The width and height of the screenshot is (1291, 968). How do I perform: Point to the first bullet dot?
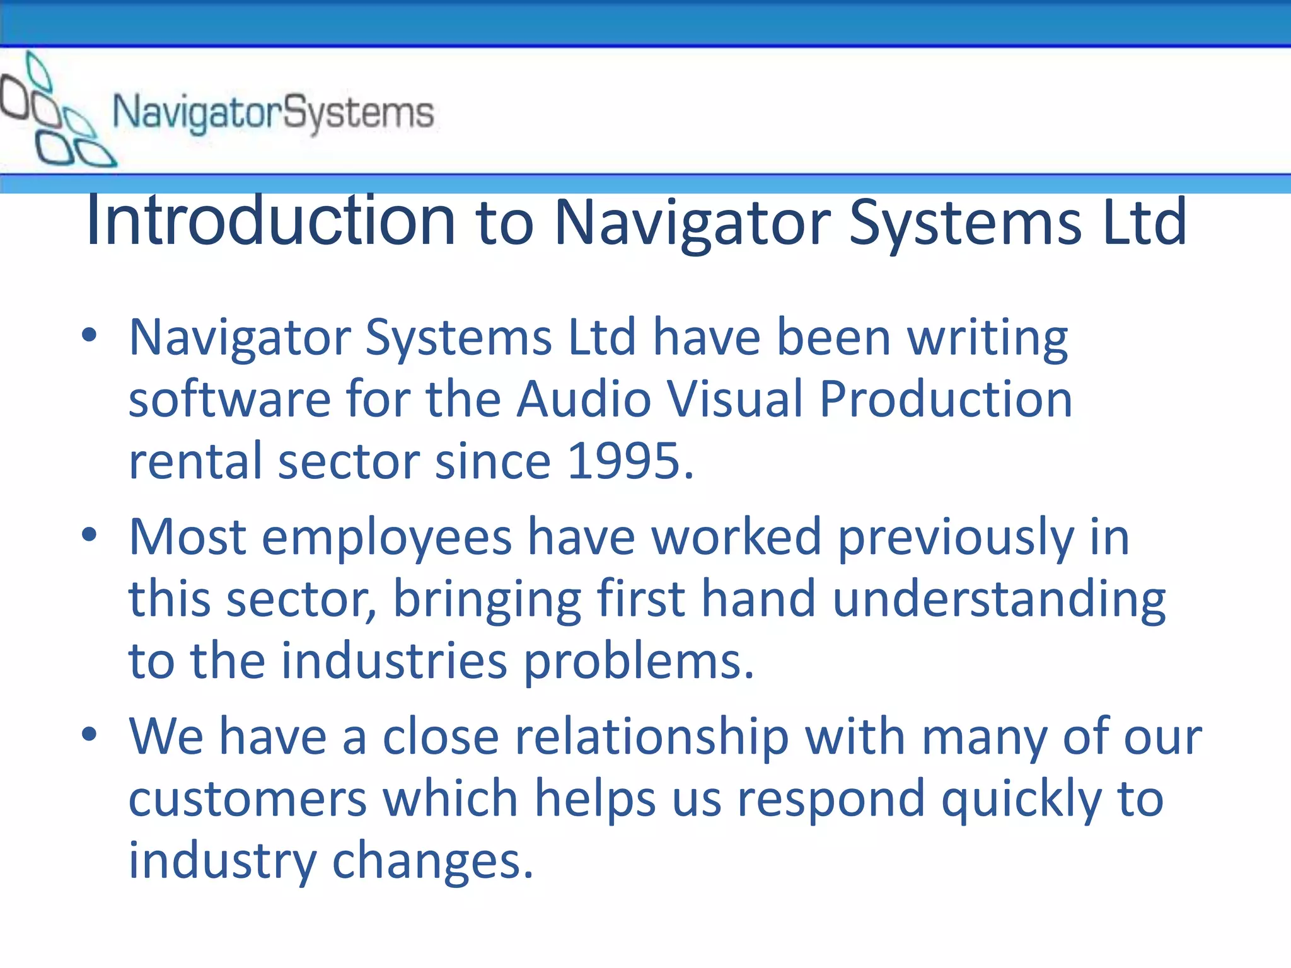tap(90, 336)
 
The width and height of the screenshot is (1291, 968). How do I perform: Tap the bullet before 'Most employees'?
tap(90, 535)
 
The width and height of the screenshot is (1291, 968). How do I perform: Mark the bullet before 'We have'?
tap(90, 734)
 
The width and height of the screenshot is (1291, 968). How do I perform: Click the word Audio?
tap(584, 400)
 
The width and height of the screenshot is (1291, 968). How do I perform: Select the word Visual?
tap(735, 400)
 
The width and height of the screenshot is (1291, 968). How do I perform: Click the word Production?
tap(946, 400)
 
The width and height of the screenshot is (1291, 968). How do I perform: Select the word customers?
tap(248, 799)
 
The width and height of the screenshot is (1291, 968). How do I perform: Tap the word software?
tap(229, 400)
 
